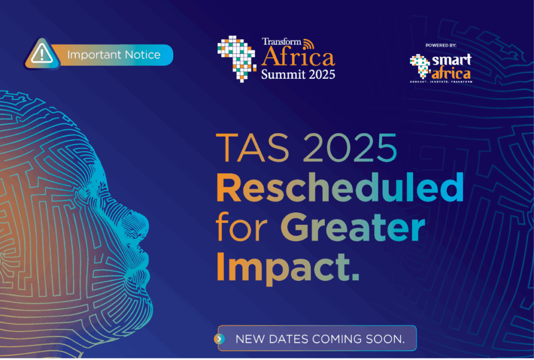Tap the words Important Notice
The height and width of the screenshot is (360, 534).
tap(114, 55)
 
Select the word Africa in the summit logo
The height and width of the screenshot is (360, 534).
tap(298, 57)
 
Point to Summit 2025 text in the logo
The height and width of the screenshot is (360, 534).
tap(298, 73)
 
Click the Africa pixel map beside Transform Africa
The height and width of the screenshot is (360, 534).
tap(236, 58)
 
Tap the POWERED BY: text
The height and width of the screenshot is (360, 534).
tap(441, 45)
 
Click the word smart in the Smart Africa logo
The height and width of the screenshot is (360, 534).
tap(452, 59)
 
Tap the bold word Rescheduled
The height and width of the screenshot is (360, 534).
tap(339, 188)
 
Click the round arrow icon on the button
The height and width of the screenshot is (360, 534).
tap(220, 339)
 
